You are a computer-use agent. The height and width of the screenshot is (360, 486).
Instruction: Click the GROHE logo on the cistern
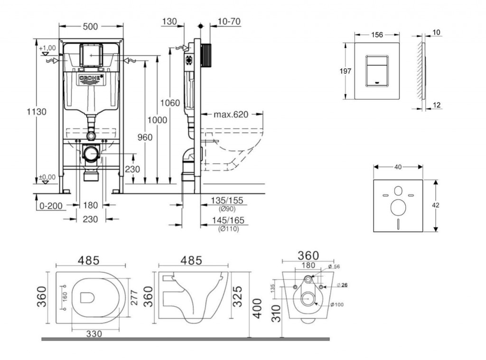tap(92, 77)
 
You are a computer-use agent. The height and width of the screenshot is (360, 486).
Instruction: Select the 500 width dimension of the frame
tap(91, 27)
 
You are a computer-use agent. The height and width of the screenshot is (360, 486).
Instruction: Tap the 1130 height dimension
tap(37, 112)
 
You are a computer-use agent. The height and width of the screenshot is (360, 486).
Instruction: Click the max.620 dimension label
tap(231, 114)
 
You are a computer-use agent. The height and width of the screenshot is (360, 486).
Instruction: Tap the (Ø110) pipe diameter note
tap(228, 229)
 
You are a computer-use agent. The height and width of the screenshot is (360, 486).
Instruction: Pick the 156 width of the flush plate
tap(377, 34)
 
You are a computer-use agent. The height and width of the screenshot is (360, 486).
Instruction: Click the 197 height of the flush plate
tap(346, 71)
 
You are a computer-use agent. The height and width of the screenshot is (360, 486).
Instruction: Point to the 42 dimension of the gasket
tap(436, 205)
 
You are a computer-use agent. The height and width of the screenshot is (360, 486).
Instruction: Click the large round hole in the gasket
tap(398, 208)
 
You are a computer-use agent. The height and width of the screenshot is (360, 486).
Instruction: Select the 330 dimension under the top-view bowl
tap(94, 334)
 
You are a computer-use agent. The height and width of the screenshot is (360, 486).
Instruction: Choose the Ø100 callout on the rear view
tap(338, 304)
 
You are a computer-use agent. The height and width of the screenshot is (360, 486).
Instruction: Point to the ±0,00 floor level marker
tap(47, 178)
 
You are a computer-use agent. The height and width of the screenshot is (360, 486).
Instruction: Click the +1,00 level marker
tap(47, 48)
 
